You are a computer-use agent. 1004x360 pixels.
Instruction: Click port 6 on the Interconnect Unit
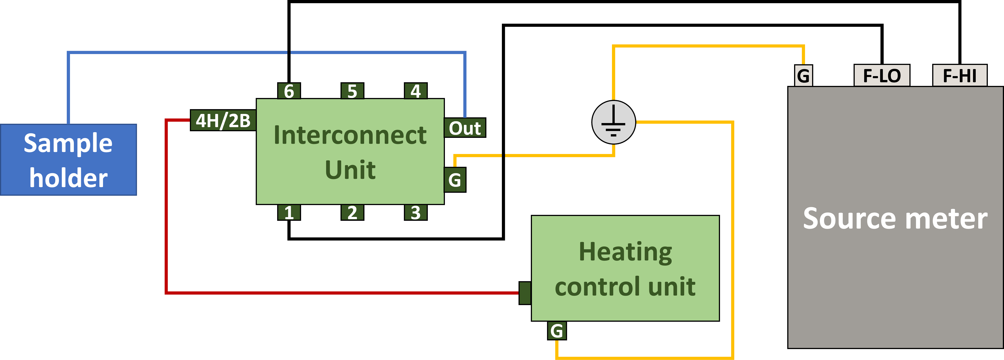289,91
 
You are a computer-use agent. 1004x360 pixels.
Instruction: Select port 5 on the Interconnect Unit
352,91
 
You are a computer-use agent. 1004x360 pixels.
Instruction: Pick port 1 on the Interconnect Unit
289,212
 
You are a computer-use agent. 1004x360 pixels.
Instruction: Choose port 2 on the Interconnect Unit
352,212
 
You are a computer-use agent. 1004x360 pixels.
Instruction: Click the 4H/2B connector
223,120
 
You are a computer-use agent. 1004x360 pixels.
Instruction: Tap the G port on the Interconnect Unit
455,180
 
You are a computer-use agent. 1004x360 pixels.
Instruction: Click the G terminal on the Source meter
803,75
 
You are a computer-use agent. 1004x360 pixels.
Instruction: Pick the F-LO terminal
882,75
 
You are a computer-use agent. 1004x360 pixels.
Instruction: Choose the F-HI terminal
960,75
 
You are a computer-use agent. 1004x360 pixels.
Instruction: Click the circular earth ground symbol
614,122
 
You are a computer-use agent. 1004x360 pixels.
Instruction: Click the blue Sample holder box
69,160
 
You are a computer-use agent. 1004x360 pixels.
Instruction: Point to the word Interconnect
350,135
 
